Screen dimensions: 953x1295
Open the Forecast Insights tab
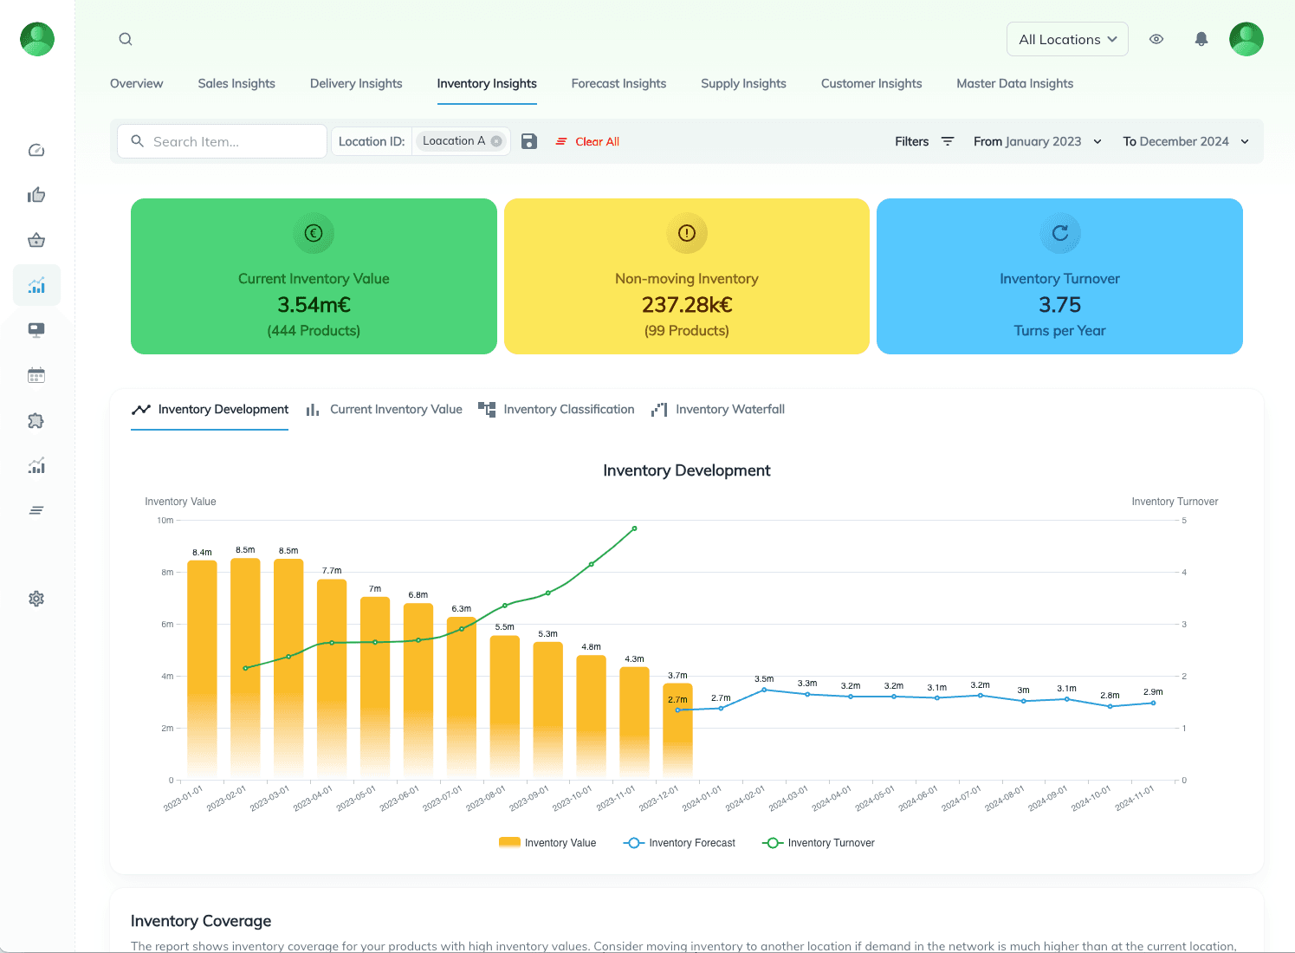pyautogui.click(x=618, y=84)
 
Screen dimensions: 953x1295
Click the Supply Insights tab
pyautogui.click(x=743, y=84)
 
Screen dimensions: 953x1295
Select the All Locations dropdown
pyautogui.click(x=1067, y=40)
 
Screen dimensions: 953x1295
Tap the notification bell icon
pyautogui.click(x=1201, y=39)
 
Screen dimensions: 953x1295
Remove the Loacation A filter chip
pyautogui.click(x=496, y=141)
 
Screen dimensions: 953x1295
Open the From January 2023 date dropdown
pyautogui.click(x=1037, y=142)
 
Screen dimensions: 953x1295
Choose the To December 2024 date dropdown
pyautogui.click(x=1185, y=142)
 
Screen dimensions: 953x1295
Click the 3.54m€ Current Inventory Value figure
pyautogui.click(x=314, y=305)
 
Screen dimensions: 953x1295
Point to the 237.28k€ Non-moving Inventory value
pyautogui.click(x=686, y=305)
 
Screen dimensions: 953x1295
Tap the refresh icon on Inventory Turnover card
pyautogui.click(x=1059, y=233)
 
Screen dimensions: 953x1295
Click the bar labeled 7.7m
pyautogui.click(x=332, y=676)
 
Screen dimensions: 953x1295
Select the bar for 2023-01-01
pyautogui.click(x=202, y=667)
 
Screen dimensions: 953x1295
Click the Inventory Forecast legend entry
pyautogui.click(x=680, y=843)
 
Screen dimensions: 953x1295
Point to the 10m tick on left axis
pyautogui.click(x=165, y=521)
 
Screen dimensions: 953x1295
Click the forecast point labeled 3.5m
pyautogui.click(x=764, y=690)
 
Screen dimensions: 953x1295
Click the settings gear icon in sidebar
pyautogui.click(x=36, y=599)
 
